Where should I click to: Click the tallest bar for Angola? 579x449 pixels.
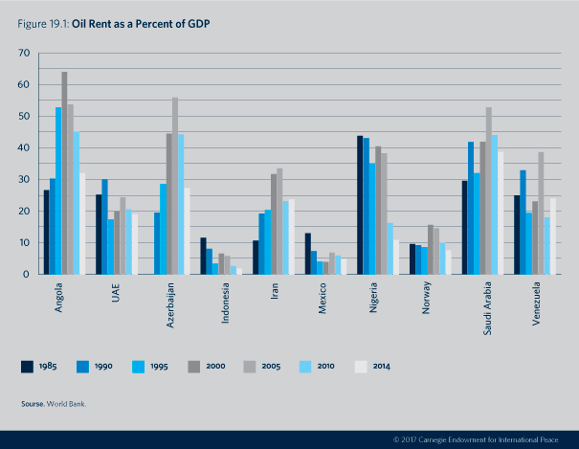click(x=64, y=173)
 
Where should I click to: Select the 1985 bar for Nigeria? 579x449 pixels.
click(x=360, y=205)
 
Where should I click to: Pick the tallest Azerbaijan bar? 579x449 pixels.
click(x=175, y=186)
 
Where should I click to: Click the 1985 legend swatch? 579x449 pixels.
click(x=28, y=366)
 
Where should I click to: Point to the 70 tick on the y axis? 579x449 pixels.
click(x=22, y=54)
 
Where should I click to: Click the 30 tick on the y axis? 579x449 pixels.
click(x=22, y=180)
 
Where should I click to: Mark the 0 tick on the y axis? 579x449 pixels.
click(x=25, y=275)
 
